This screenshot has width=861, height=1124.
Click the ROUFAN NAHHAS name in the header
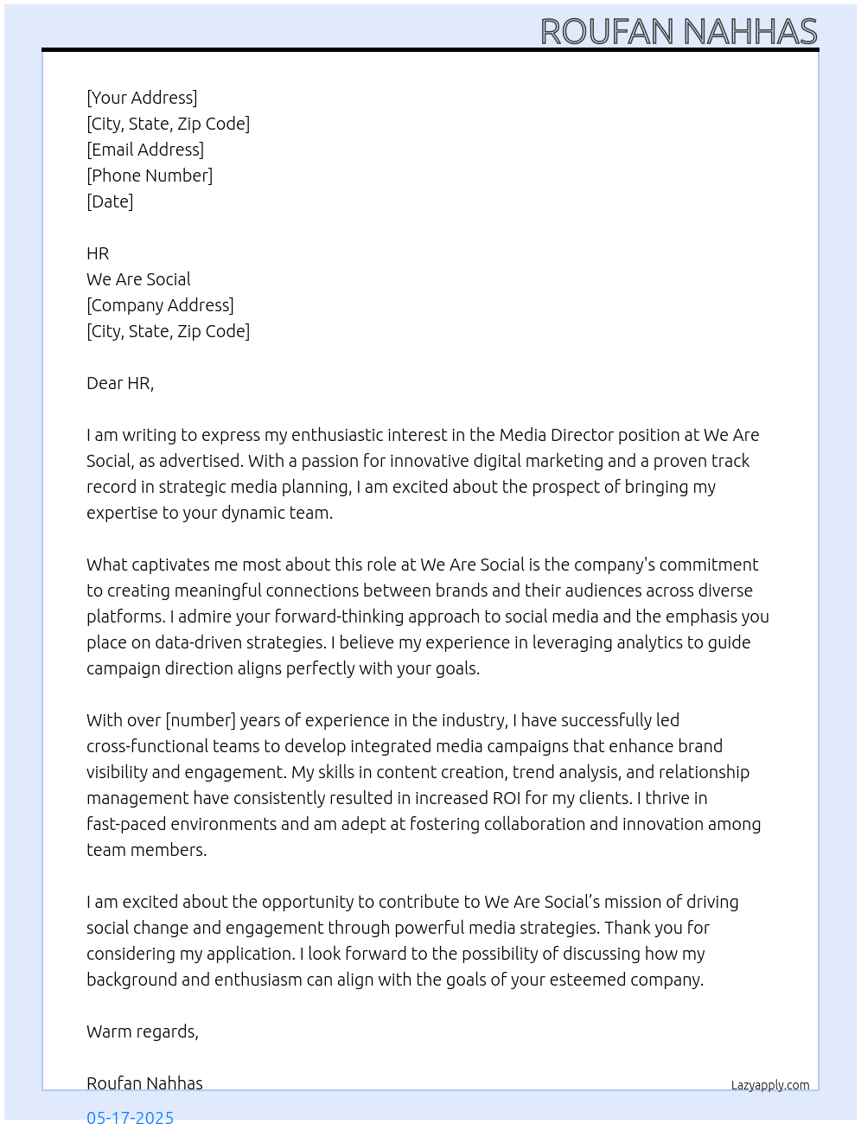679,32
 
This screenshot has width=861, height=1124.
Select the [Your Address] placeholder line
142,98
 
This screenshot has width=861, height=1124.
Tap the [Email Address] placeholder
145,150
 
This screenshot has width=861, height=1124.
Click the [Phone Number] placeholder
150,176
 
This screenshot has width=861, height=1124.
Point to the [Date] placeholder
110,201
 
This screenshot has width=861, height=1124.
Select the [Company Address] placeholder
160,305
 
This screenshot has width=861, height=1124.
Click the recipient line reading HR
98,253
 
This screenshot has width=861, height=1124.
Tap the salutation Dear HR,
120,383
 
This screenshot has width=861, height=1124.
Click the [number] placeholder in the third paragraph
201,720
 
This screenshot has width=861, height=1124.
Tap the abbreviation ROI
506,798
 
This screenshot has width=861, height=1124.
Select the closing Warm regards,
143,1031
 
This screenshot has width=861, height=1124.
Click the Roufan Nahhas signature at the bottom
144,1083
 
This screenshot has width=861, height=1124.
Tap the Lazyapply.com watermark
770,1085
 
